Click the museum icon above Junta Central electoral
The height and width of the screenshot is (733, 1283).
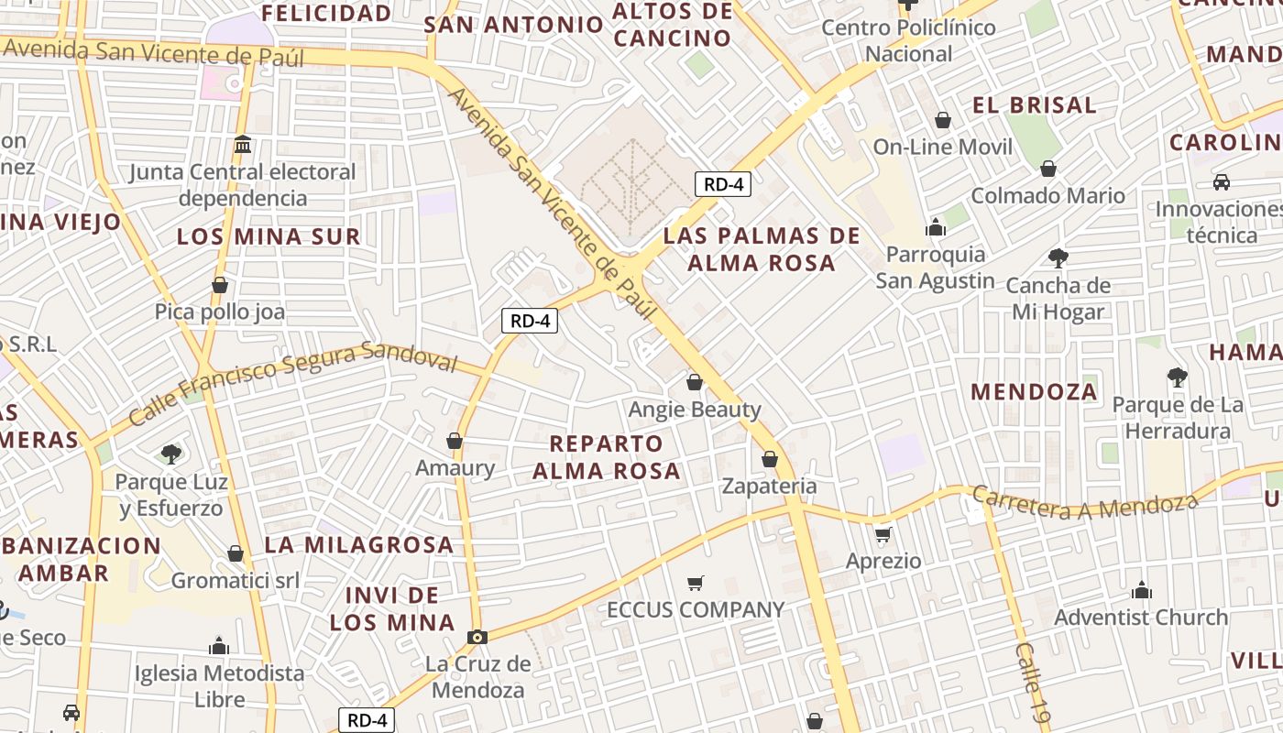(243, 145)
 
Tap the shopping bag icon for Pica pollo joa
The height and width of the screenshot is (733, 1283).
(220, 285)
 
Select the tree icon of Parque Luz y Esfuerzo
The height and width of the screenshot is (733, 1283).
(170, 454)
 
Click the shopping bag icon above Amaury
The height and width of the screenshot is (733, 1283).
(455, 441)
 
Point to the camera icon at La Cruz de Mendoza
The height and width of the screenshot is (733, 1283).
(477, 637)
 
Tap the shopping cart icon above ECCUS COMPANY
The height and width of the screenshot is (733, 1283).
(696, 583)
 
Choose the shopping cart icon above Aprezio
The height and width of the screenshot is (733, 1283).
(883, 534)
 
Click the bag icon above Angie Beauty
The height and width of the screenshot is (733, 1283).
(695, 381)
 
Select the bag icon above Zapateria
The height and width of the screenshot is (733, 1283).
(770, 458)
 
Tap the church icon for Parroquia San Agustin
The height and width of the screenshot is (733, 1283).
(936, 226)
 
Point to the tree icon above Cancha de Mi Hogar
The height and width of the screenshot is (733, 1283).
(1058, 258)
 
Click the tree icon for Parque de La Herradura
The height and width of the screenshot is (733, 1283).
(1178, 377)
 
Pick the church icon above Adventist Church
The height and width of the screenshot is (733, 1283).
(1142, 589)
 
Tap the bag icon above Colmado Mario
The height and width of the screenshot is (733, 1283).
(1048, 169)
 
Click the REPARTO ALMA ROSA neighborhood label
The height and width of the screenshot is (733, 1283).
(607, 457)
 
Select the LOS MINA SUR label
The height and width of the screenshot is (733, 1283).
(269, 236)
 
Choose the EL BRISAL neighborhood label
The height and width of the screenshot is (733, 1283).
(1035, 105)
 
